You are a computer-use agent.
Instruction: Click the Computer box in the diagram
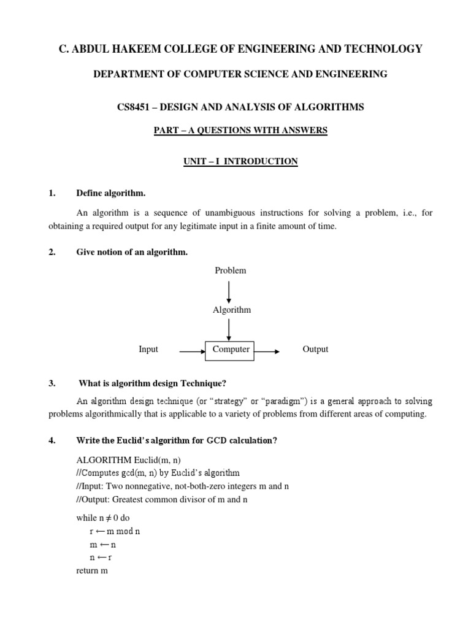(231, 350)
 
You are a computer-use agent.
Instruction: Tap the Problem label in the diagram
(231, 270)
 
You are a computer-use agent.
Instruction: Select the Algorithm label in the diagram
(231, 310)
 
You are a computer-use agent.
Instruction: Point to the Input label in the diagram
(148, 350)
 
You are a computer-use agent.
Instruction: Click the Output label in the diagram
(315, 350)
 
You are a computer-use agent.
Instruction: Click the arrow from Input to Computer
(191, 351)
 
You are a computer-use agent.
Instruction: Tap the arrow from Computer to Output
(268, 351)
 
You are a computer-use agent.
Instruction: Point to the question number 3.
(52, 383)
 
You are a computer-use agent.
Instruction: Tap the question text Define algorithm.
(110, 193)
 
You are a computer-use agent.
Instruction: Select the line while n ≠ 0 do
(103, 518)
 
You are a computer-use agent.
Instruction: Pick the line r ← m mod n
(115, 531)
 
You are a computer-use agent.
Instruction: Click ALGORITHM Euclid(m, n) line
(129, 460)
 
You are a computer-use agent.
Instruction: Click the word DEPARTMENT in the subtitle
(125, 74)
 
